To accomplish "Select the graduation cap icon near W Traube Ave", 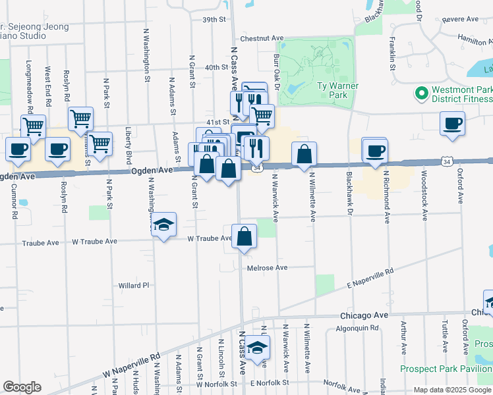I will coord(163,225).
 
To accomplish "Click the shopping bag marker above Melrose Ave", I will coord(244,237).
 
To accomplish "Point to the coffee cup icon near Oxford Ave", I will coord(452,124).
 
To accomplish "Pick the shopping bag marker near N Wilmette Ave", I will coord(304,155).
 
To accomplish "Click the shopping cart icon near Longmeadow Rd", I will coord(33,126).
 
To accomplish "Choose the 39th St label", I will coord(214,20).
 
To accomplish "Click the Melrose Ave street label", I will coord(268,268).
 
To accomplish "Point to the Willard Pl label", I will coord(134,286).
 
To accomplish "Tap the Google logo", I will coord(22,386).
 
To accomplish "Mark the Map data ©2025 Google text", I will coord(452,390).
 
